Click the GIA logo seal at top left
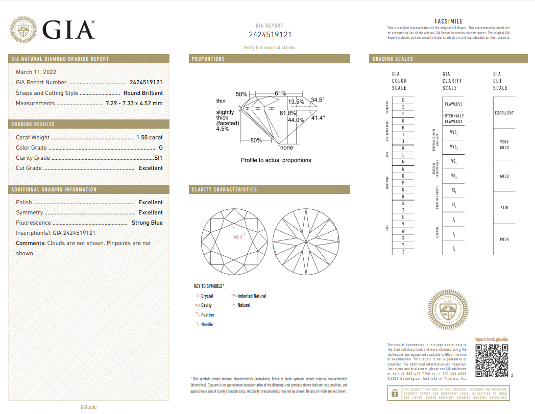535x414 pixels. point(25,30)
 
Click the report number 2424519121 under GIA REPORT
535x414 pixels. point(270,35)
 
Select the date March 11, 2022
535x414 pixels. point(36,72)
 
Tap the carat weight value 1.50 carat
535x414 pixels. point(149,137)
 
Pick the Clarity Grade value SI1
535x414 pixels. point(158,158)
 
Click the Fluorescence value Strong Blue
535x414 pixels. point(147,223)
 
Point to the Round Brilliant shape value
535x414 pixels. point(143,93)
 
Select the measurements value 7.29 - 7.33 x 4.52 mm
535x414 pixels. point(134,103)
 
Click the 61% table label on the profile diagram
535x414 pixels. point(280,94)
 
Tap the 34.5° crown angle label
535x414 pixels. point(318,100)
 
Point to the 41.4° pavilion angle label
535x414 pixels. point(318,118)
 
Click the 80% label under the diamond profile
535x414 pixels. point(256,140)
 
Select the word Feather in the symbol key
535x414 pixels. point(208,315)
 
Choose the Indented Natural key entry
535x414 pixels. point(252,296)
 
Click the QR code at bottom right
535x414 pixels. point(492,360)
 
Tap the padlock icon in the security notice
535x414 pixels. point(394,393)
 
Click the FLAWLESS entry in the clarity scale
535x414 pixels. point(453,104)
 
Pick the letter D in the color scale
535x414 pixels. point(403,100)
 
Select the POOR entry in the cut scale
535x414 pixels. point(504,239)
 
